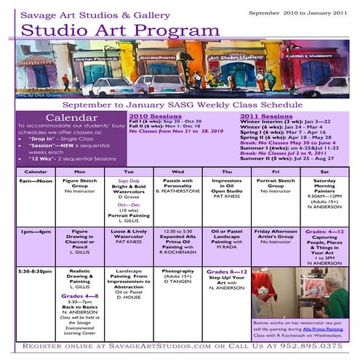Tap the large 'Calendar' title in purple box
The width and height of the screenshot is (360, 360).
(x=68, y=117)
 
